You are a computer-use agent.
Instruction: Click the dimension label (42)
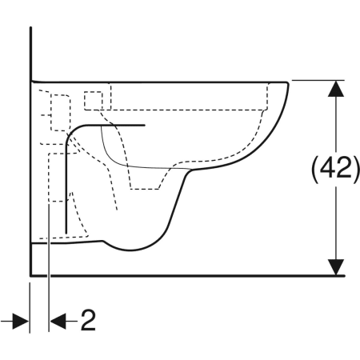click(x=335, y=170)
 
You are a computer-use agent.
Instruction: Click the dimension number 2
click(x=88, y=320)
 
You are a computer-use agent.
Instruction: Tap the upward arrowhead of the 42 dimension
click(x=336, y=89)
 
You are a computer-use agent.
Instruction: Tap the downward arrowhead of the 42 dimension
click(x=336, y=267)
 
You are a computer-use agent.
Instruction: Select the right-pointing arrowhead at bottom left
click(x=21, y=322)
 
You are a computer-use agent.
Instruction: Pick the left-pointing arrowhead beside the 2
click(x=58, y=322)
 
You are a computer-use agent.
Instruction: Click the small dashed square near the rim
click(x=93, y=101)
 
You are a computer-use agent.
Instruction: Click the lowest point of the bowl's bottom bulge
click(x=130, y=250)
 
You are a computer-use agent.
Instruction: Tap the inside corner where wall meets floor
click(x=31, y=275)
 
